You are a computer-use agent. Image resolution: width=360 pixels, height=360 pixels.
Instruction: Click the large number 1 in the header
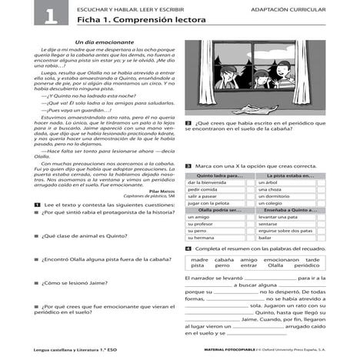(x=29, y=14)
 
